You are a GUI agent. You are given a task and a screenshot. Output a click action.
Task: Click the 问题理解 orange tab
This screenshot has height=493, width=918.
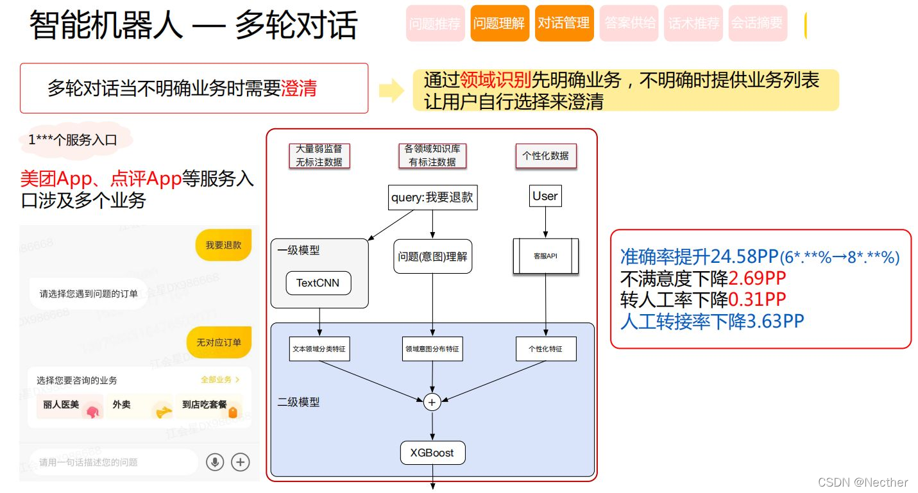[499, 24]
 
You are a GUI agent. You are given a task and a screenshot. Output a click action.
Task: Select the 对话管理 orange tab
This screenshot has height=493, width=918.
[564, 24]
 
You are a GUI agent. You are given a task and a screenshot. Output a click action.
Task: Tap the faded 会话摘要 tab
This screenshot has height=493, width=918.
[758, 24]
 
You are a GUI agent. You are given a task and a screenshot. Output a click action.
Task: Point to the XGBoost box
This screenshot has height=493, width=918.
[432, 453]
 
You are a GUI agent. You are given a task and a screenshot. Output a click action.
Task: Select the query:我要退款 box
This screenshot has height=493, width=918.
[432, 197]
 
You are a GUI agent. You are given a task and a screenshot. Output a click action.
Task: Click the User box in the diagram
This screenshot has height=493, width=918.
[545, 196]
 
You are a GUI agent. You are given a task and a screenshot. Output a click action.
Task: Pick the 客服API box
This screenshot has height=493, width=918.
[546, 256]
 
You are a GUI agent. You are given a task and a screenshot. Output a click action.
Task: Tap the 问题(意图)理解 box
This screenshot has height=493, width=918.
[432, 256]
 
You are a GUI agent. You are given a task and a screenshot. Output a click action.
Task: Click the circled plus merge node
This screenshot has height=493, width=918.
[432, 402]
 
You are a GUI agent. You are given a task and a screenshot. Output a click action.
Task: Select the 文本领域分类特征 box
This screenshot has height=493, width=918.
[319, 349]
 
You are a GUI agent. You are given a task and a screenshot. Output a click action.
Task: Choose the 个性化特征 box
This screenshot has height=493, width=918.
[546, 349]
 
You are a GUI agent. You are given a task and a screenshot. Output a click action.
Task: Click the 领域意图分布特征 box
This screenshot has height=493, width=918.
[432, 349]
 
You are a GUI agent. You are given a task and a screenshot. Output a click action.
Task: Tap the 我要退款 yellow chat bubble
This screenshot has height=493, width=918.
[223, 245]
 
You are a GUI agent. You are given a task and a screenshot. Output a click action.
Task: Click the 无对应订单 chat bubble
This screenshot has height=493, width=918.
[219, 342]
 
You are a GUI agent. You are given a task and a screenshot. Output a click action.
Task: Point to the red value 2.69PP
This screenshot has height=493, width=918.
[757, 278]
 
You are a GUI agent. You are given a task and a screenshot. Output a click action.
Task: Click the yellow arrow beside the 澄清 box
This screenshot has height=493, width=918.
[391, 91]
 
